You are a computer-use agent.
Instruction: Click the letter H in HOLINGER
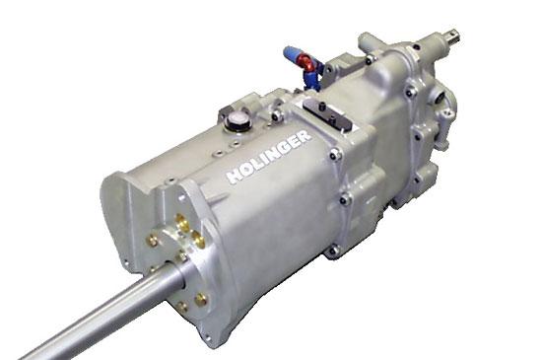[x=235, y=176]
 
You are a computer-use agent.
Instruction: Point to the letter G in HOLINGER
[x=282, y=149]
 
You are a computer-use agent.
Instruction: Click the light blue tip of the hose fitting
[x=291, y=53]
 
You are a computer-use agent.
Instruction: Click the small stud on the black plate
[x=322, y=105]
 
